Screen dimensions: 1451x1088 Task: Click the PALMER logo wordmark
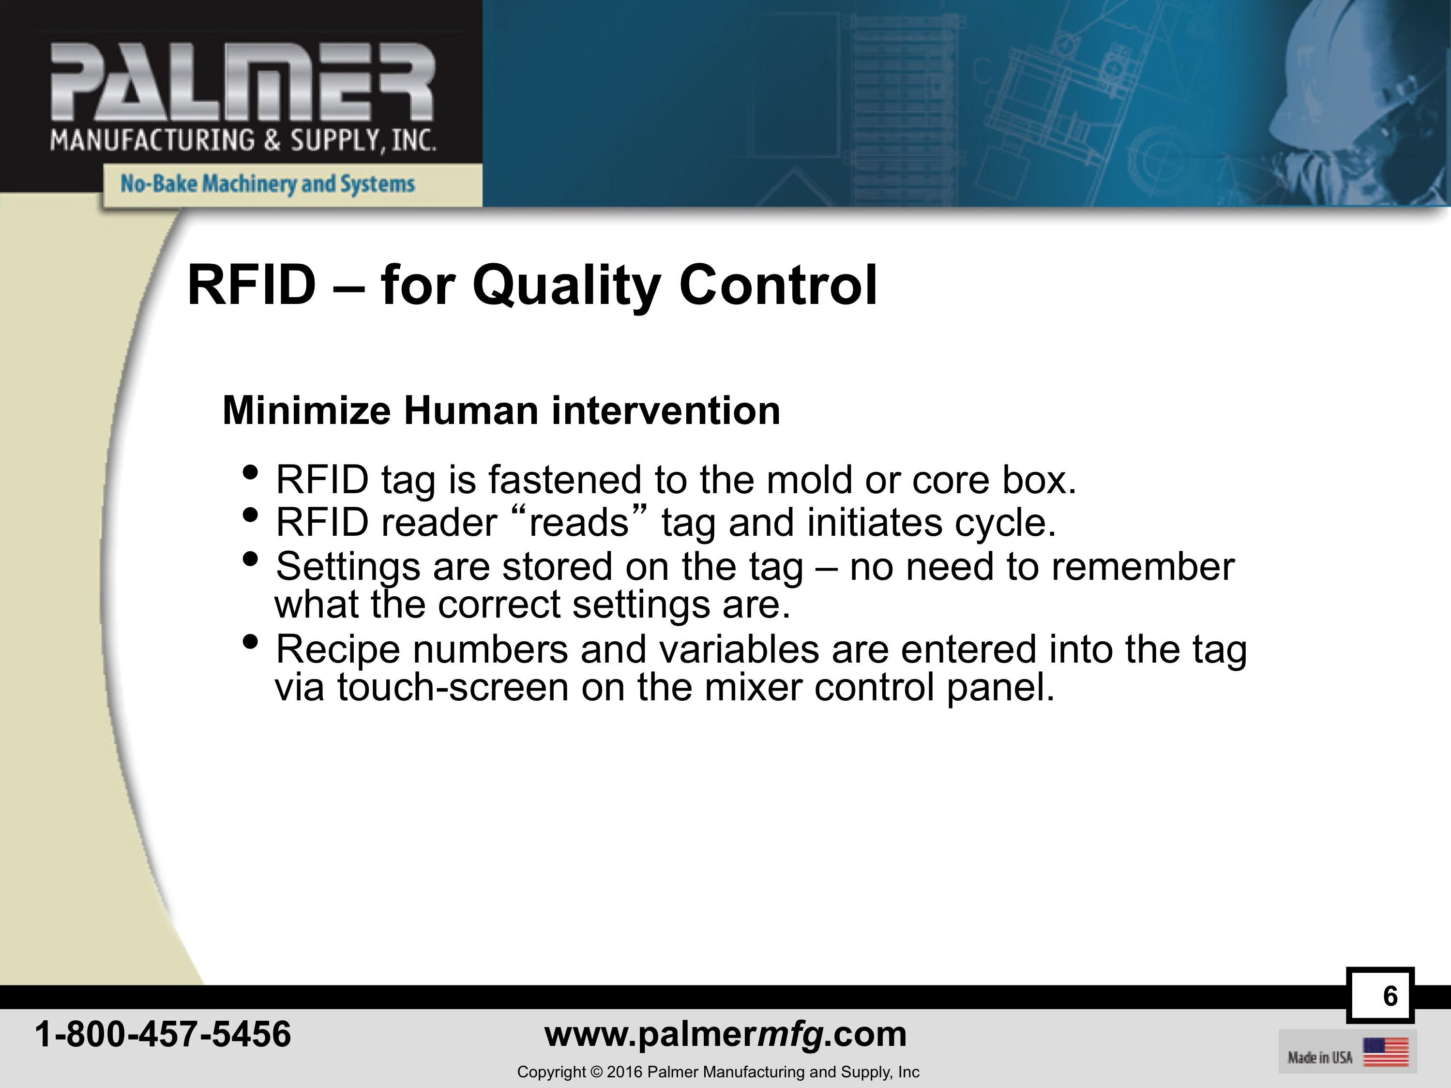242,82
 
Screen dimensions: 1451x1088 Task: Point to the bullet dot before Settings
250,559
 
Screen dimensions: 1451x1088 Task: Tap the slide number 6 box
1380,996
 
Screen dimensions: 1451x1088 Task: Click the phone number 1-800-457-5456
163,1034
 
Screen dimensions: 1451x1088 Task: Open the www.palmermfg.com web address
725,1034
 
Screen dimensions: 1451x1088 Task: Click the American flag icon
1386,1052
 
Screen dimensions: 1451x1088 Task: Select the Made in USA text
1320,1057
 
